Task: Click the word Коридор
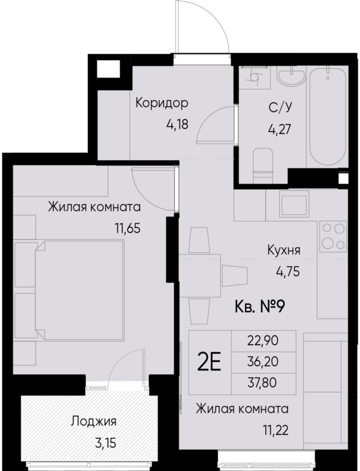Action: point(162,103)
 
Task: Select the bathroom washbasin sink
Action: point(291,82)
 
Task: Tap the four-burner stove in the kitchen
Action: point(332,235)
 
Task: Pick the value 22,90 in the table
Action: point(264,341)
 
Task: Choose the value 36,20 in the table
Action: point(264,362)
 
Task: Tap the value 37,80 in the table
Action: point(264,382)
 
